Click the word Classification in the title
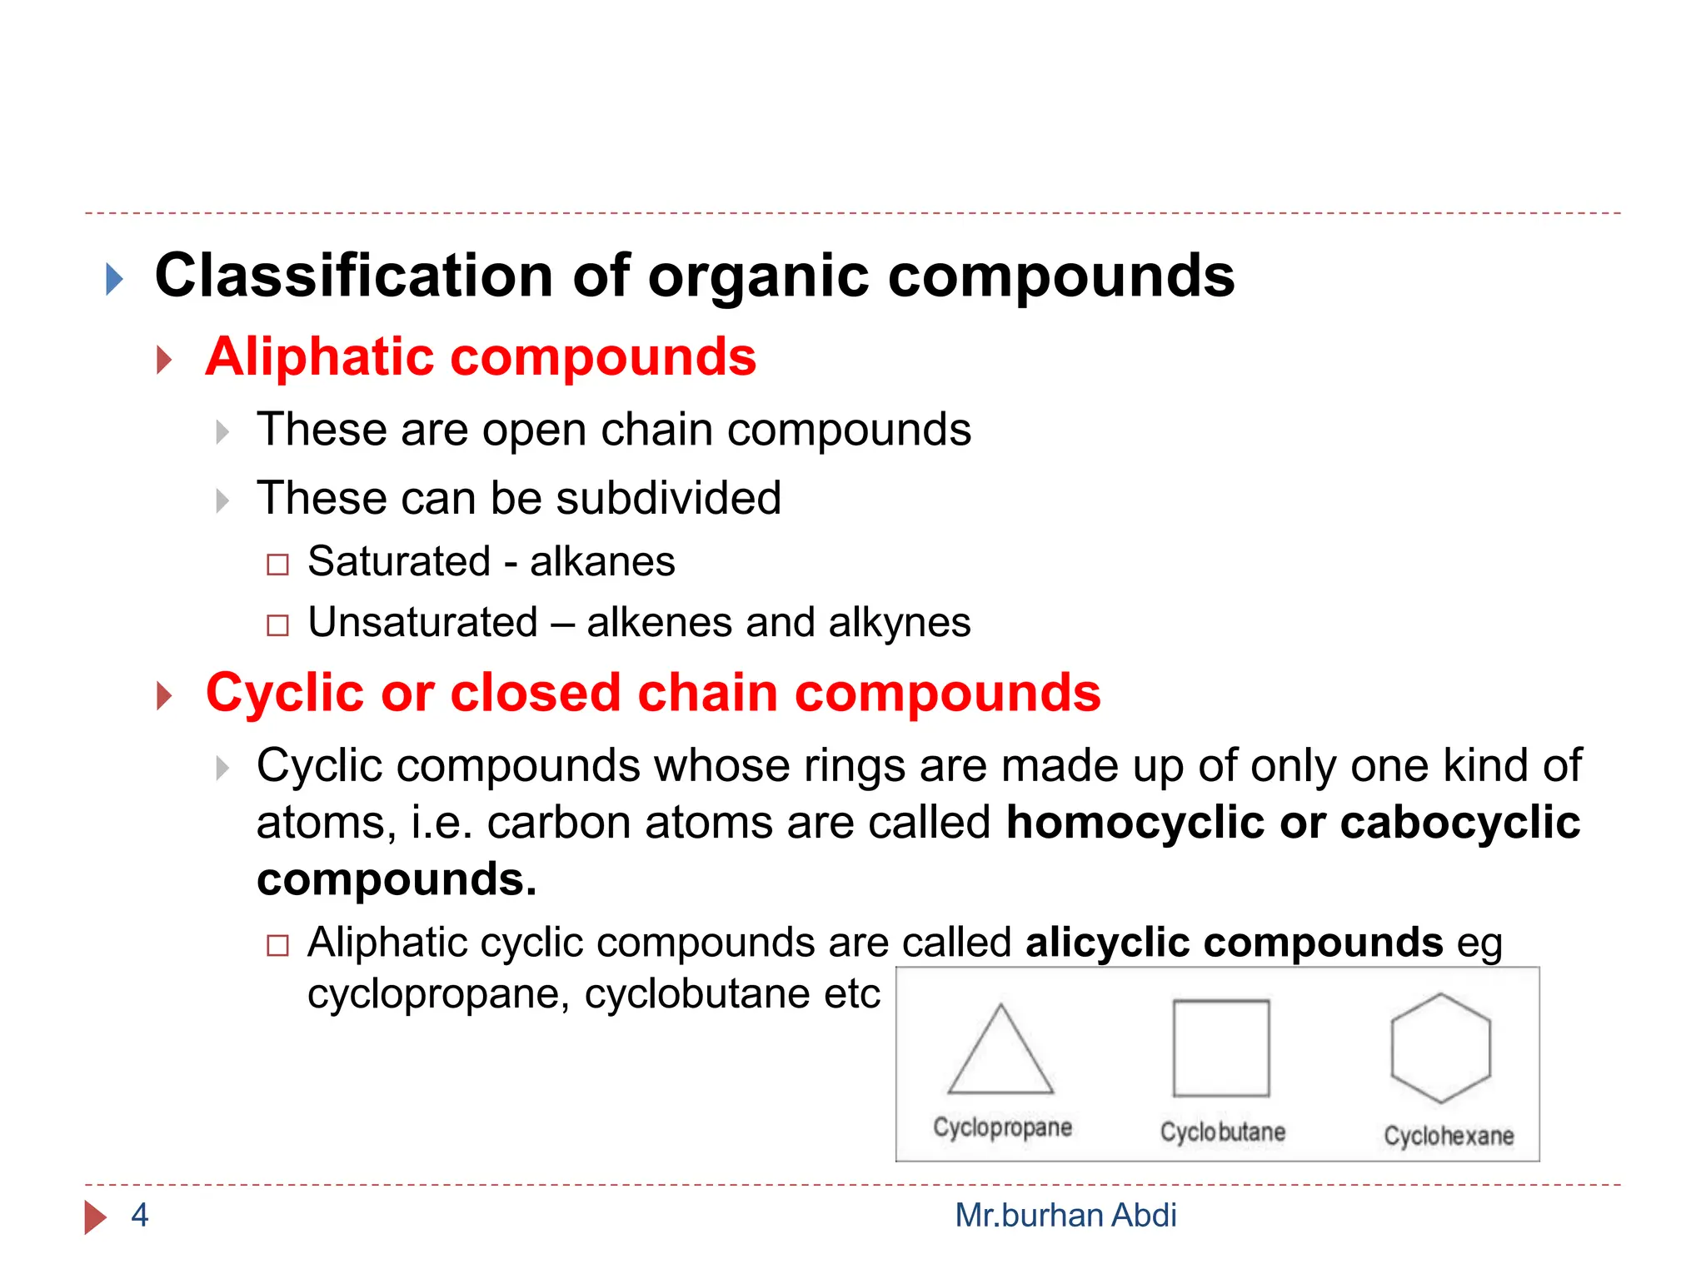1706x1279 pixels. (354, 276)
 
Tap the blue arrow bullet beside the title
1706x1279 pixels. (115, 279)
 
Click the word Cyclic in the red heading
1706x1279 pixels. (285, 693)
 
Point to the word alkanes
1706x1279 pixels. (602, 561)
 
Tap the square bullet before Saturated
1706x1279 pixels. (277, 565)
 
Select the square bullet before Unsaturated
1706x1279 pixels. (277, 625)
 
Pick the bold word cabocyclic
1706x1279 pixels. (1459, 823)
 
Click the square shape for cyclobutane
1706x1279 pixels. (1221, 1048)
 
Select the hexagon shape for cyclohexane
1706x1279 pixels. (1440, 1048)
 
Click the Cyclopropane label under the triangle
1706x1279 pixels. (1002, 1127)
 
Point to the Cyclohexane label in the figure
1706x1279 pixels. (1449, 1136)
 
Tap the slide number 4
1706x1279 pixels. (140, 1216)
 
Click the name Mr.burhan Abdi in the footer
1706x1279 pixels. (1065, 1216)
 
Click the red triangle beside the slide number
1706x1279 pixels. (95, 1217)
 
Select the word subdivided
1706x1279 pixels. (668, 499)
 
